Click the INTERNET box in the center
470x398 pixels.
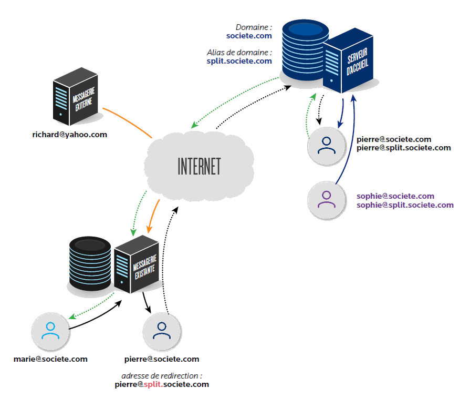pyautogui.click(x=199, y=166)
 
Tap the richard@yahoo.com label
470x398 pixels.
pyautogui.click(x=69, y=135)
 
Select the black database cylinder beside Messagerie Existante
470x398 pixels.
pyautogui.click(x=90, y=263)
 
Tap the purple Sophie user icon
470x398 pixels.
pyautogui.click(x=326, y=199)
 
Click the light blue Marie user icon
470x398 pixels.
pyautogui.click(x=50, y=331)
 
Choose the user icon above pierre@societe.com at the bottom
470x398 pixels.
pyautogui.click(x=161, y=331)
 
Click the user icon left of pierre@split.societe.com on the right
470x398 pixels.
pyautogui.click(x=326, y=146)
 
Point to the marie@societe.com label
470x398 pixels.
pyautogui.click(x=50, y=359)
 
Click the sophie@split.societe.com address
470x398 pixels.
pyautogui.click(x=405, y=205)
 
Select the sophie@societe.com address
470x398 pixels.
pyautogui.click(x=395, y=196)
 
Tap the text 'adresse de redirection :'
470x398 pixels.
pyautogui.click(x=162, y=376)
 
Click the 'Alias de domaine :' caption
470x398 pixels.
pyautogui.click(x=239, y=53)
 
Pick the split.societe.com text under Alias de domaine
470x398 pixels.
pyautogui.click(x=239, y=61)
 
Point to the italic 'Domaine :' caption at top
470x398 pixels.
pyautogui.click(x=254, y=27)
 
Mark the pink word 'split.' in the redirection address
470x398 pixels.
pyautogui.click(x=153, y=384)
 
